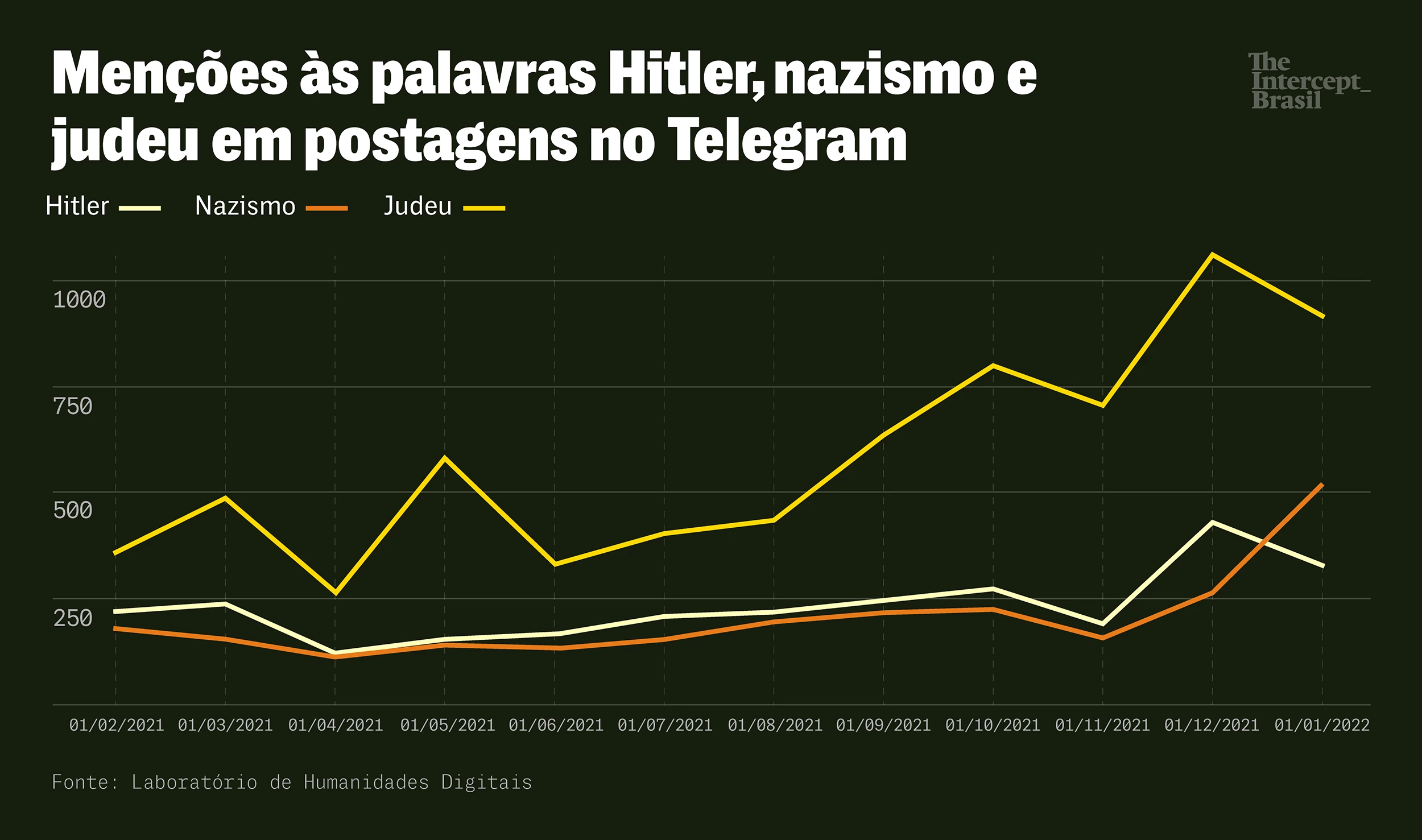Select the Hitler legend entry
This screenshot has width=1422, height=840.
tap(102, 206)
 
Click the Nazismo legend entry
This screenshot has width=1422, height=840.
tap(271, 206)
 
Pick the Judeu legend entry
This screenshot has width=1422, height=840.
tap(444, 206)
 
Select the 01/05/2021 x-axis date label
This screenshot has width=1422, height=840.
tap(447, 725)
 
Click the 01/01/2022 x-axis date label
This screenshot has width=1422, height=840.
tap(1321, 725)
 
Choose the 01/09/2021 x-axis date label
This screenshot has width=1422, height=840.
tap(883, 725)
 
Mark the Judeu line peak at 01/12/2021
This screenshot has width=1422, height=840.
tap(1213, 254)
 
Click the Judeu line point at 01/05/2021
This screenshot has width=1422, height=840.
tap(445, 457)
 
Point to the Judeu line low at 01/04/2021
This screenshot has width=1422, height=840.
tap(336, 593)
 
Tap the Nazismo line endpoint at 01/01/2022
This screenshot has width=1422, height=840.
tap(1322, 485)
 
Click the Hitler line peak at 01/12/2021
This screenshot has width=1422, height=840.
tap(1213, 522)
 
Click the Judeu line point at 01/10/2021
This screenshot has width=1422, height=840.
tap(993, 365)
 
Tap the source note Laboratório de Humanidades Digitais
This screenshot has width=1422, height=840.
tap(331, 783)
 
